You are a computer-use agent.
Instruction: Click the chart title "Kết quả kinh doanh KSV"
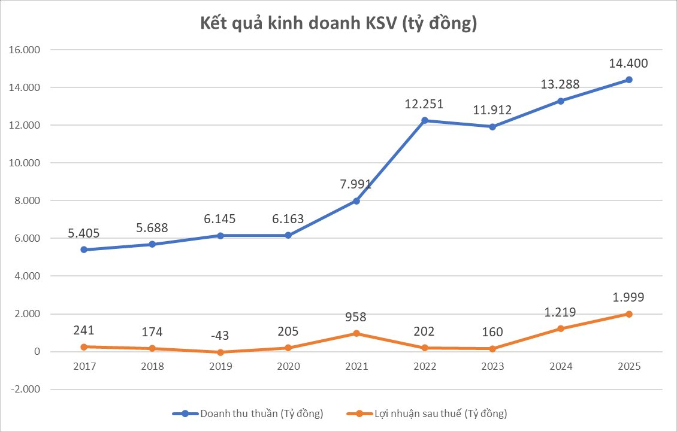pos(338,24)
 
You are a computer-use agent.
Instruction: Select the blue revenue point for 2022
pos(424,120)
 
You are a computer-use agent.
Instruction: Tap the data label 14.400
pos(628,63)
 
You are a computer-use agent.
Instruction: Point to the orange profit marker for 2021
pos(356,333)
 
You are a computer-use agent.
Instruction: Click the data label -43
pos(220,335)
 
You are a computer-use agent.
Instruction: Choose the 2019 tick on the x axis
pos(220,367)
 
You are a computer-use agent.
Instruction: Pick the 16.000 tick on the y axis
pos(25,50)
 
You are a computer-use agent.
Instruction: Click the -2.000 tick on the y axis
pos(25,390)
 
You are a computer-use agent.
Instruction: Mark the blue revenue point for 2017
pos(84,250)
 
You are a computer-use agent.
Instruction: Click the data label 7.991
pos(356,184)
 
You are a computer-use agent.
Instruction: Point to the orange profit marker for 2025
pos(628,314)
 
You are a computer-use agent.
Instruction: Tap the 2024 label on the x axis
pos(560,367)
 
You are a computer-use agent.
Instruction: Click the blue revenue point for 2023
pos(492,127)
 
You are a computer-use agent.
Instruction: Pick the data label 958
pos(356,317)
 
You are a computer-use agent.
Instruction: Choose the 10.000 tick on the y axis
pos(25,163)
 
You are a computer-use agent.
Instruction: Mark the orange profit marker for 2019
pos(220,352)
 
